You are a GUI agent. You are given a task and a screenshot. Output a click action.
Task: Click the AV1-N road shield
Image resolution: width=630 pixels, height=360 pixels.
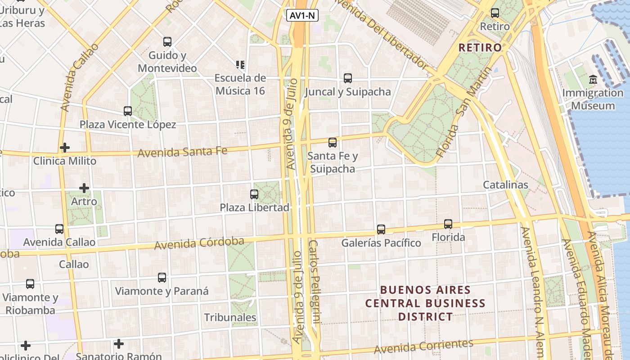[302, 16]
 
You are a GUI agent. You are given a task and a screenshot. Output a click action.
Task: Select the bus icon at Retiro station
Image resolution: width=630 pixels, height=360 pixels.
[495, 13]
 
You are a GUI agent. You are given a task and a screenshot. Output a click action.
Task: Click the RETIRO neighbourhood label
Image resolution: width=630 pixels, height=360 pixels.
[480, 47]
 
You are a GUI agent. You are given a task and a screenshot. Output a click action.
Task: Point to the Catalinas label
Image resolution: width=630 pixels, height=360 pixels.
[505, 184]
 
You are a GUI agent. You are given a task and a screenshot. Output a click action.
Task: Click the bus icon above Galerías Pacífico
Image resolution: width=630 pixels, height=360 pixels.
[381, 229]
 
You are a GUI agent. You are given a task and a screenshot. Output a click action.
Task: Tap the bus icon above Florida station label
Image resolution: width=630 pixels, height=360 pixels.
[448, 224]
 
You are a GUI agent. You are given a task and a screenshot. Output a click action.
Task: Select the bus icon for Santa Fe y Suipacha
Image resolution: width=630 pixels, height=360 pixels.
[333, 143]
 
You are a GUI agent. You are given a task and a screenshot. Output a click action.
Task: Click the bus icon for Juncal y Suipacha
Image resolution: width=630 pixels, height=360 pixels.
[348, 78]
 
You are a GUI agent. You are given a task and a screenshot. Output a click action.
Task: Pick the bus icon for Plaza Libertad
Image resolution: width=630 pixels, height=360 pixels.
[254, 194]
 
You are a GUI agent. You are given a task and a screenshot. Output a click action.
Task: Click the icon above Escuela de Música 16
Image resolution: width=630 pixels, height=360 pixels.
[240, 65]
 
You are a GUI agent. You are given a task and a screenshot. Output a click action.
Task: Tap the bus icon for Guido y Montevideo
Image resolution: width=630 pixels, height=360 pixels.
[167, 42]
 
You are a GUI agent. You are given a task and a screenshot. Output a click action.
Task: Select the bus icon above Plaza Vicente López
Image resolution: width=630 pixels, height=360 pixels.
[128, 111]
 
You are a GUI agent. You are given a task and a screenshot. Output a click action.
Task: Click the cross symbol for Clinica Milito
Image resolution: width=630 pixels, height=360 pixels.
[65, 148]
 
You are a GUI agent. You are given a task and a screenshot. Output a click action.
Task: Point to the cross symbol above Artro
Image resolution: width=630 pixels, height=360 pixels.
[84, 188]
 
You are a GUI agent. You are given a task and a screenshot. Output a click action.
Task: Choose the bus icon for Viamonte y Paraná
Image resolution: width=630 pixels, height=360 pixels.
[162, 278]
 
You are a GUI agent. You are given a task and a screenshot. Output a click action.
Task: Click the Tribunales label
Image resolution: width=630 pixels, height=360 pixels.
[230, 317]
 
